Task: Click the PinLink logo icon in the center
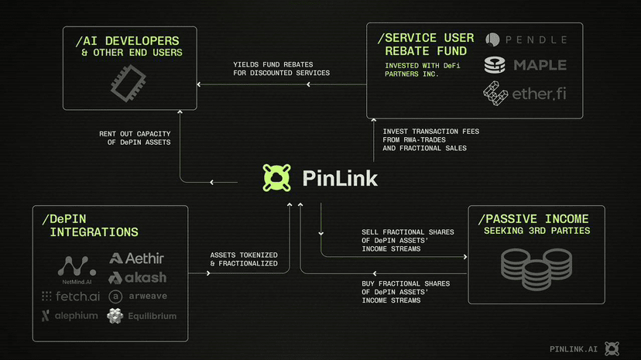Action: (275, 178)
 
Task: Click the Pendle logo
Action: (526, 39)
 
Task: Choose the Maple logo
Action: (526, 65)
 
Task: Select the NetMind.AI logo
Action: (77, 271)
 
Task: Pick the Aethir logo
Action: (137, 258)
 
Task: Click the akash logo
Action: (137, 277)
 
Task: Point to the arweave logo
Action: (138, 297)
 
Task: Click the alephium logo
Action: (70, 316)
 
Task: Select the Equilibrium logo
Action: (142, 316)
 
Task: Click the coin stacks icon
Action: (536, 266)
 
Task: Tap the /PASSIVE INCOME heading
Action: (533, 218)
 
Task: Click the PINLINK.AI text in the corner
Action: (573, 349)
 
